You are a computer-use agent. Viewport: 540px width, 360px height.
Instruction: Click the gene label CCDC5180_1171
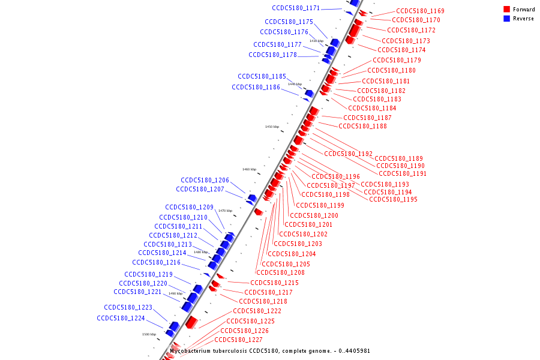296,8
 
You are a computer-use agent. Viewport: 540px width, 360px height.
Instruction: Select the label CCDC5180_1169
420,11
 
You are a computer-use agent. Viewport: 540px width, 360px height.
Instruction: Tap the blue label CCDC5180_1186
256,87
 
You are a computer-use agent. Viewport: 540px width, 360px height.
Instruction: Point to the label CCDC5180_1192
348,154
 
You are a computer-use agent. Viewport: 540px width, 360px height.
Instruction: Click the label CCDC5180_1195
393,199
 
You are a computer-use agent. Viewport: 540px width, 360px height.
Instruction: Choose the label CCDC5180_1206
205,180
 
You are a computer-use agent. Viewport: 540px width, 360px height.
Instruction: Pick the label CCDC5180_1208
280,272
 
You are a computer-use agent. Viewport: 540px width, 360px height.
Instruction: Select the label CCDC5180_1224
121,318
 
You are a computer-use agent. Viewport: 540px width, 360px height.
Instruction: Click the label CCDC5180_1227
238,340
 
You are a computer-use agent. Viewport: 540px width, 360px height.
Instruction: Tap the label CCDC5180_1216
156,262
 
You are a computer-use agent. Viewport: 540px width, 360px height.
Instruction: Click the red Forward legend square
507,10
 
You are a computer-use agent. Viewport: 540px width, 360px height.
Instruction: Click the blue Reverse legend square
507,19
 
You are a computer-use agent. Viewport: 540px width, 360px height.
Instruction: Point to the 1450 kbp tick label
272,127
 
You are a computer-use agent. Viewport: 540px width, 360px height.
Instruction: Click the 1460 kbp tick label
249,169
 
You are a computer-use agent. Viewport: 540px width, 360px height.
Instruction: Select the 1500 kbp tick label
149,334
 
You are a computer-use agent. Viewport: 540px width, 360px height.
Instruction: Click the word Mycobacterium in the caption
190,351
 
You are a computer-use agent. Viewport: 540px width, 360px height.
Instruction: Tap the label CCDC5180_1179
397,60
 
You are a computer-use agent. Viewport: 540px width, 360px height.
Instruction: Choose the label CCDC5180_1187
367,118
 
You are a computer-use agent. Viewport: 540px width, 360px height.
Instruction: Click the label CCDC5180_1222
257,311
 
